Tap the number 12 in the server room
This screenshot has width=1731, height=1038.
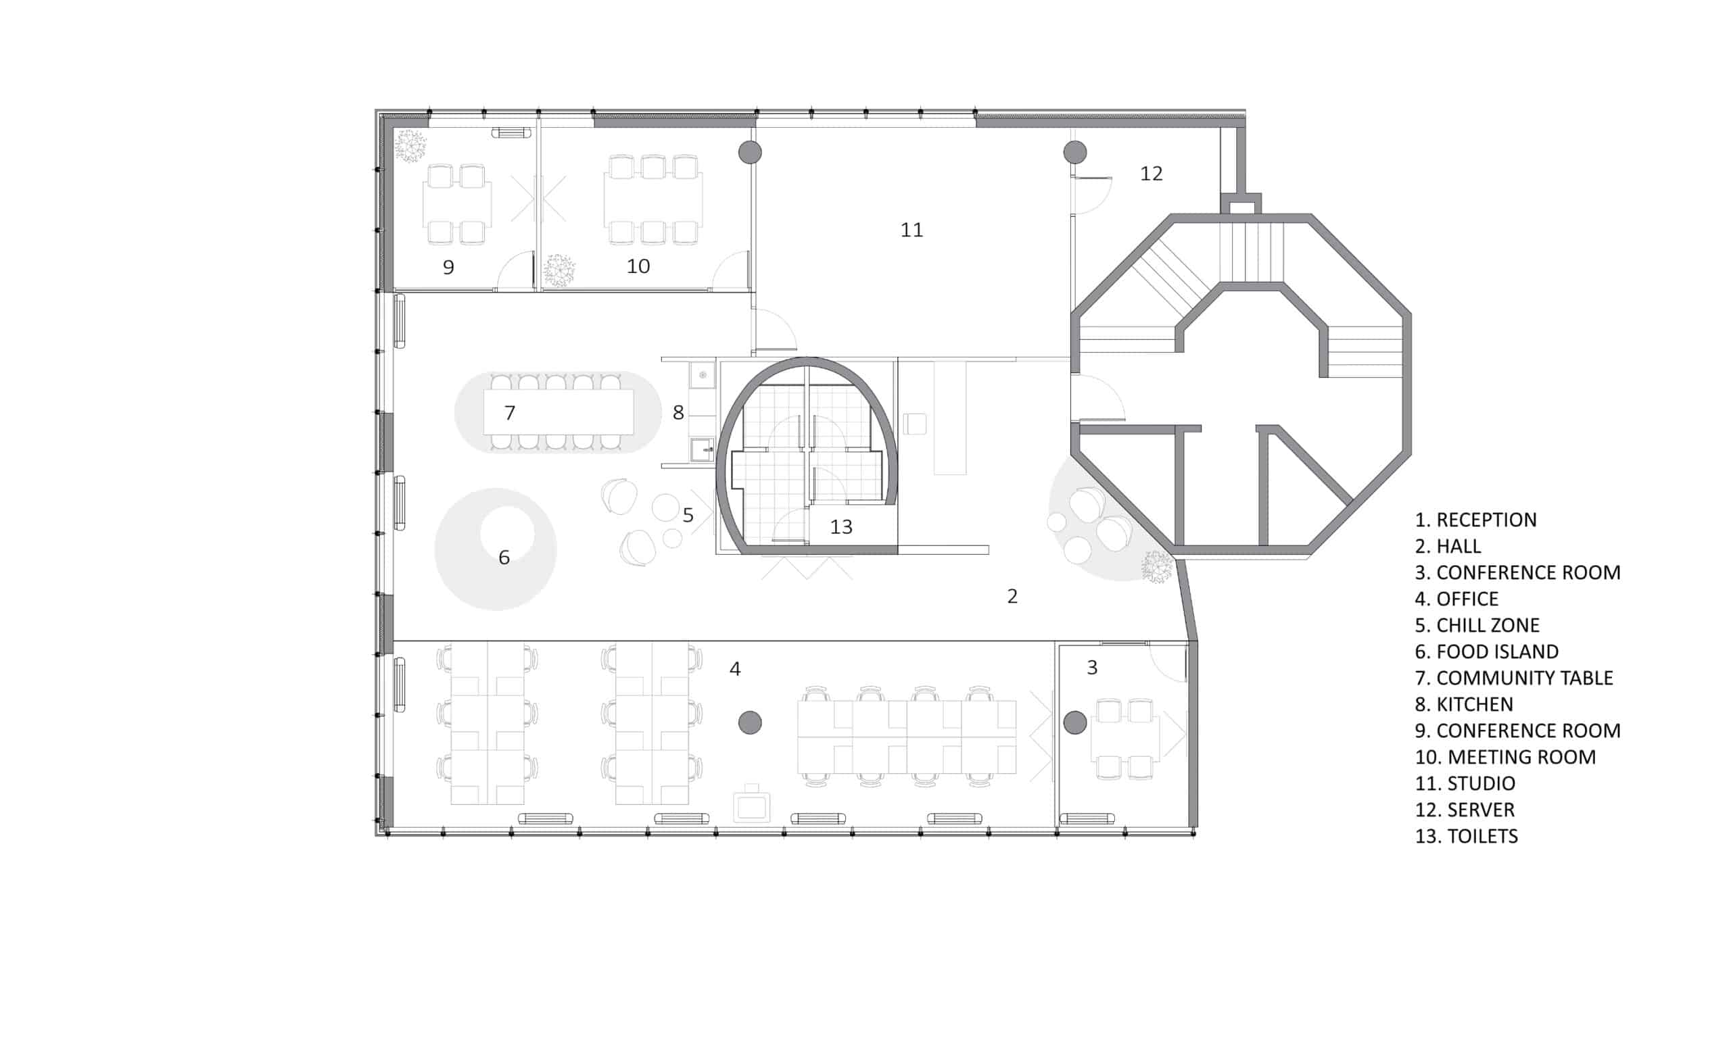pyautogui.click(x=1151, y=173)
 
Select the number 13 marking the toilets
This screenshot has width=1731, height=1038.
pyautogui.click(x=841, y=526)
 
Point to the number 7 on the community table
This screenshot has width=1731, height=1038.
pyautogui.click(x=509, y=413)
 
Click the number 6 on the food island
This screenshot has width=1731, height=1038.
pyautogui.click(x=504, y=558)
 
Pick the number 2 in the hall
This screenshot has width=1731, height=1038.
pyautogui.click(x=1012, y=596)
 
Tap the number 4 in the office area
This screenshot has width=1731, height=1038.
pyautogui.click(x=734, y=668)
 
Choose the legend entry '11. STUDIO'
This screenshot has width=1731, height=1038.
pyautogui.click(x=1465, y=783)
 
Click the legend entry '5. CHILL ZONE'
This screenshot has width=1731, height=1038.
pyautogui.click(x=1476, y=624)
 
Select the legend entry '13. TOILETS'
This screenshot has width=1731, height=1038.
pyautogui.click(x=1466, y=836)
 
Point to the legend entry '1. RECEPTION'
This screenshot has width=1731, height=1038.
pyautogui.click(x=1475, y=520)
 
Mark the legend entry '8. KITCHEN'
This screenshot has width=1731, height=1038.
pyautogui.click(x=1463, y=703)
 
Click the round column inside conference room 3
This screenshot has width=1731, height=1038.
pyautogui.click(x=1074, y=722)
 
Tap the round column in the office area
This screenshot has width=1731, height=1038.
pyautogui.click(x=749, y=722)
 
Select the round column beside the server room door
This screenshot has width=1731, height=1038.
pyautogui.click(x=1074, y=152)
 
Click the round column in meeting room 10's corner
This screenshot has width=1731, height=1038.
pyautogui.click(x=749, y=152)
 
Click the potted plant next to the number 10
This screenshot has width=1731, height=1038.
pyautogui.click(x=559, y=270)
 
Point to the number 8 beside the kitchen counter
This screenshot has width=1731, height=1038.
pyautogui.click(x=678, y=413)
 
